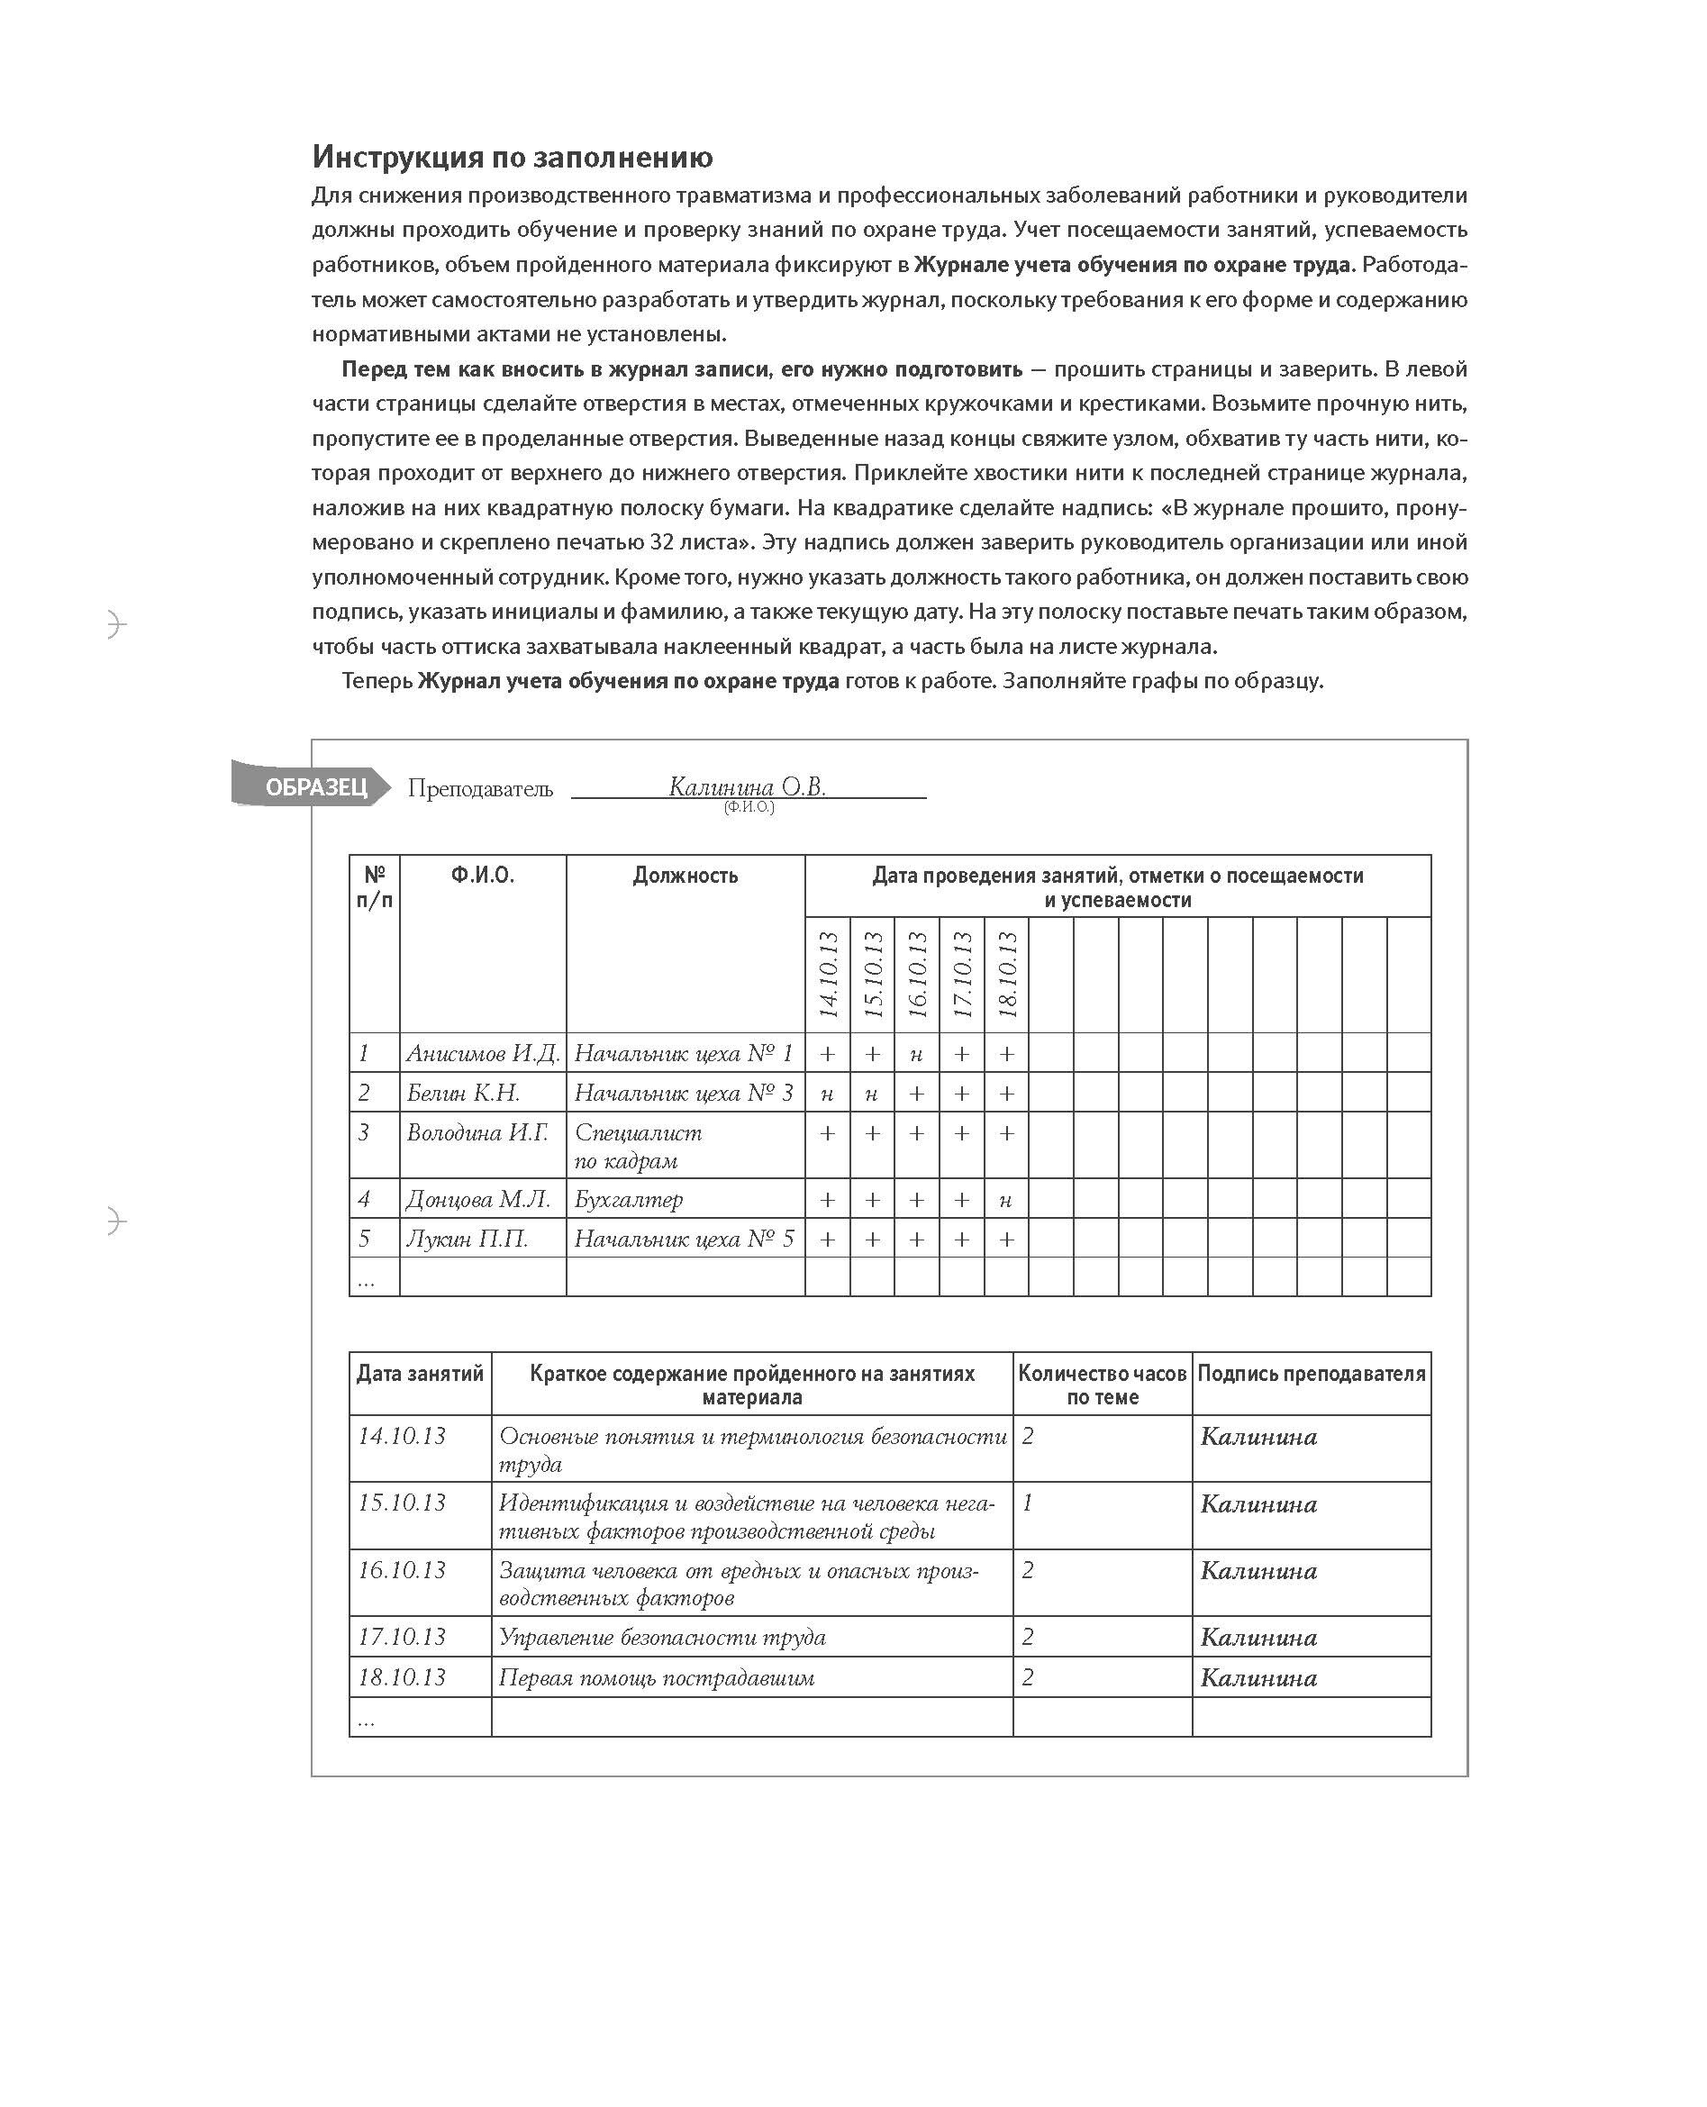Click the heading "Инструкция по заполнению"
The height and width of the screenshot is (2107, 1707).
pos(513,158)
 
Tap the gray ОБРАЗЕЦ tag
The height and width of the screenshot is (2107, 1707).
pos(313,786)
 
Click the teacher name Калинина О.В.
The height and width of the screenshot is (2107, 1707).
pos(747,786)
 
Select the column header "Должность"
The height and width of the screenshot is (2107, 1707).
pos(685,875)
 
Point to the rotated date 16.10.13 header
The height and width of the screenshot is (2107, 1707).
pos(916,975)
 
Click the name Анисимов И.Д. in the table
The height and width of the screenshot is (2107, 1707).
pos(482,1053)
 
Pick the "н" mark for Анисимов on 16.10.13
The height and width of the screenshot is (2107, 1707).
pos(916,1054)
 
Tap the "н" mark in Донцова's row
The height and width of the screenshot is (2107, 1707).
pos(1006,1200)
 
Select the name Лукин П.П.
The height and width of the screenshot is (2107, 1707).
pos(468,1239)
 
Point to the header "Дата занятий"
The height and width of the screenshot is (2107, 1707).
pos(420,1374)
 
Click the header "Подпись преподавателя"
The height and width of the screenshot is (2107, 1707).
pos(1311,1374)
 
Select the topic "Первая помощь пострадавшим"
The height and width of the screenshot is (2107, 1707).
pos(656,1677)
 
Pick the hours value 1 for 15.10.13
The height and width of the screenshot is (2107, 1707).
pos(1028,1503)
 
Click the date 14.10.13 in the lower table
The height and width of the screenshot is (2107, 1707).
pos(401,1437)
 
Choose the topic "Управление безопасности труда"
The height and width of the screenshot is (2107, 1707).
pos(662,1637)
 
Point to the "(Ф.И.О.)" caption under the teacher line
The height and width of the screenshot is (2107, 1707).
pos(749,807)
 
